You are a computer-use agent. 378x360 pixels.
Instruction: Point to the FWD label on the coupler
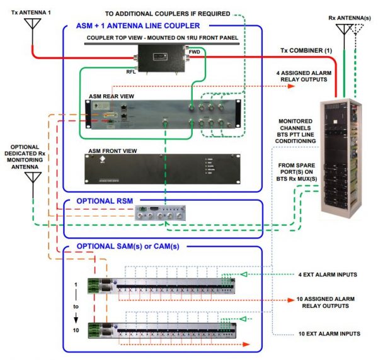[194, 52]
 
